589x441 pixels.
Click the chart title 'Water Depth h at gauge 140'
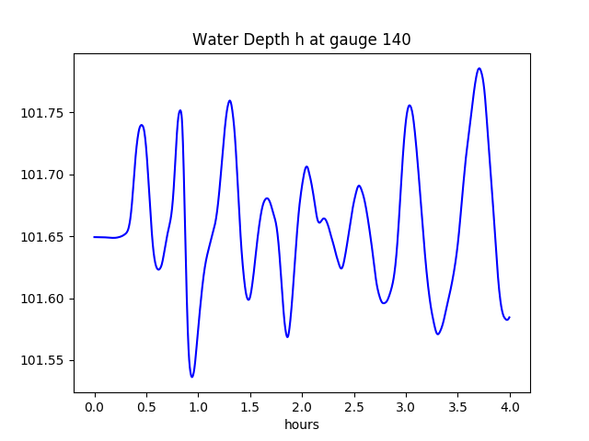tap(301, 40)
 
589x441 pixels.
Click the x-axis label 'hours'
tap(302, 425)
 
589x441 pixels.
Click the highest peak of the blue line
tap(479, 68)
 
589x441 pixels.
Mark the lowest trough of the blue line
tap(192, 377)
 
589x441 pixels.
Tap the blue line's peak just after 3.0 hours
tap(410, 106)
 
